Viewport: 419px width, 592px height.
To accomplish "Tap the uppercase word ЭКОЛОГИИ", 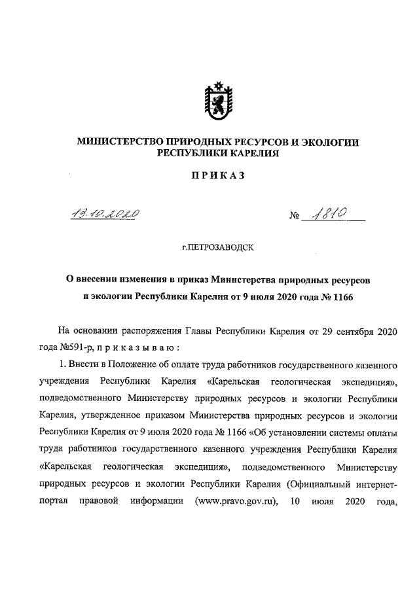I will click(329, 141).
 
